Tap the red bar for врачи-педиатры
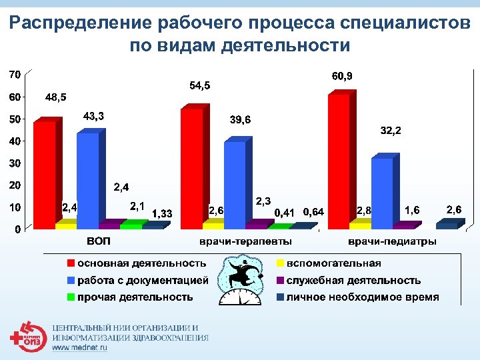[x=339, y=160]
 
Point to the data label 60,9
[x=342, y=77]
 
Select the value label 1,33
[x=163, y=213]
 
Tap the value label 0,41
[x=285, y=212]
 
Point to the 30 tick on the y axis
[x=13, y=163]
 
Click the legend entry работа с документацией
[x=143, y=280]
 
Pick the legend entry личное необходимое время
[x=363, y=297]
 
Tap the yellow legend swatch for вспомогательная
[x=281, y=263]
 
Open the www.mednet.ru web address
[x=79, y=349]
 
